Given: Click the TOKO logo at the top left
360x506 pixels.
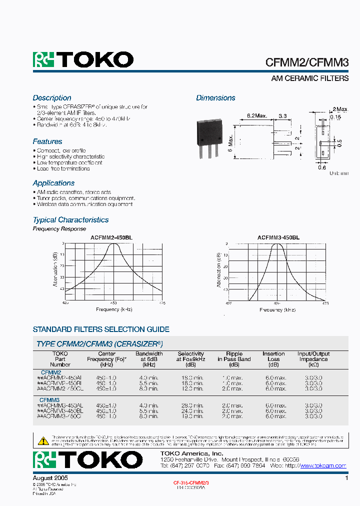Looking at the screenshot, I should point(83,60).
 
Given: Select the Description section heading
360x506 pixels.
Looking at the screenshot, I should point(52,98).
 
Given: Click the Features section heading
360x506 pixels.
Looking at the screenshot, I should point(47,141).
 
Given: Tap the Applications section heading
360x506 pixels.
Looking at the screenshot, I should point(53,183).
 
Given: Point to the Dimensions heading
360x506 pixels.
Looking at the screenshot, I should point(215,98).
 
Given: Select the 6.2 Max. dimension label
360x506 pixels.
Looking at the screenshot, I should point(257,115).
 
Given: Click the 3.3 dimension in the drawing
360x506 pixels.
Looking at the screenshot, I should point(282,115).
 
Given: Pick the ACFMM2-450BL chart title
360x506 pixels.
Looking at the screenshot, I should point(111,237).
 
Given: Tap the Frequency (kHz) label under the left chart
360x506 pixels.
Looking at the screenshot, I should point(114,309).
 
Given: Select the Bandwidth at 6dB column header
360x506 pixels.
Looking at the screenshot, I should point(149,359).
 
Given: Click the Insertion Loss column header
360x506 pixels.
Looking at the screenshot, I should point(273,356).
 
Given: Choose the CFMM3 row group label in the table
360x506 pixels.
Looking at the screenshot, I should point(49,400).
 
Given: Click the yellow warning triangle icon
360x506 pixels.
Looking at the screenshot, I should point(43,440).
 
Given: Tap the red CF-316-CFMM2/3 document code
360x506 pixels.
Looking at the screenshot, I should point(191,482).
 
